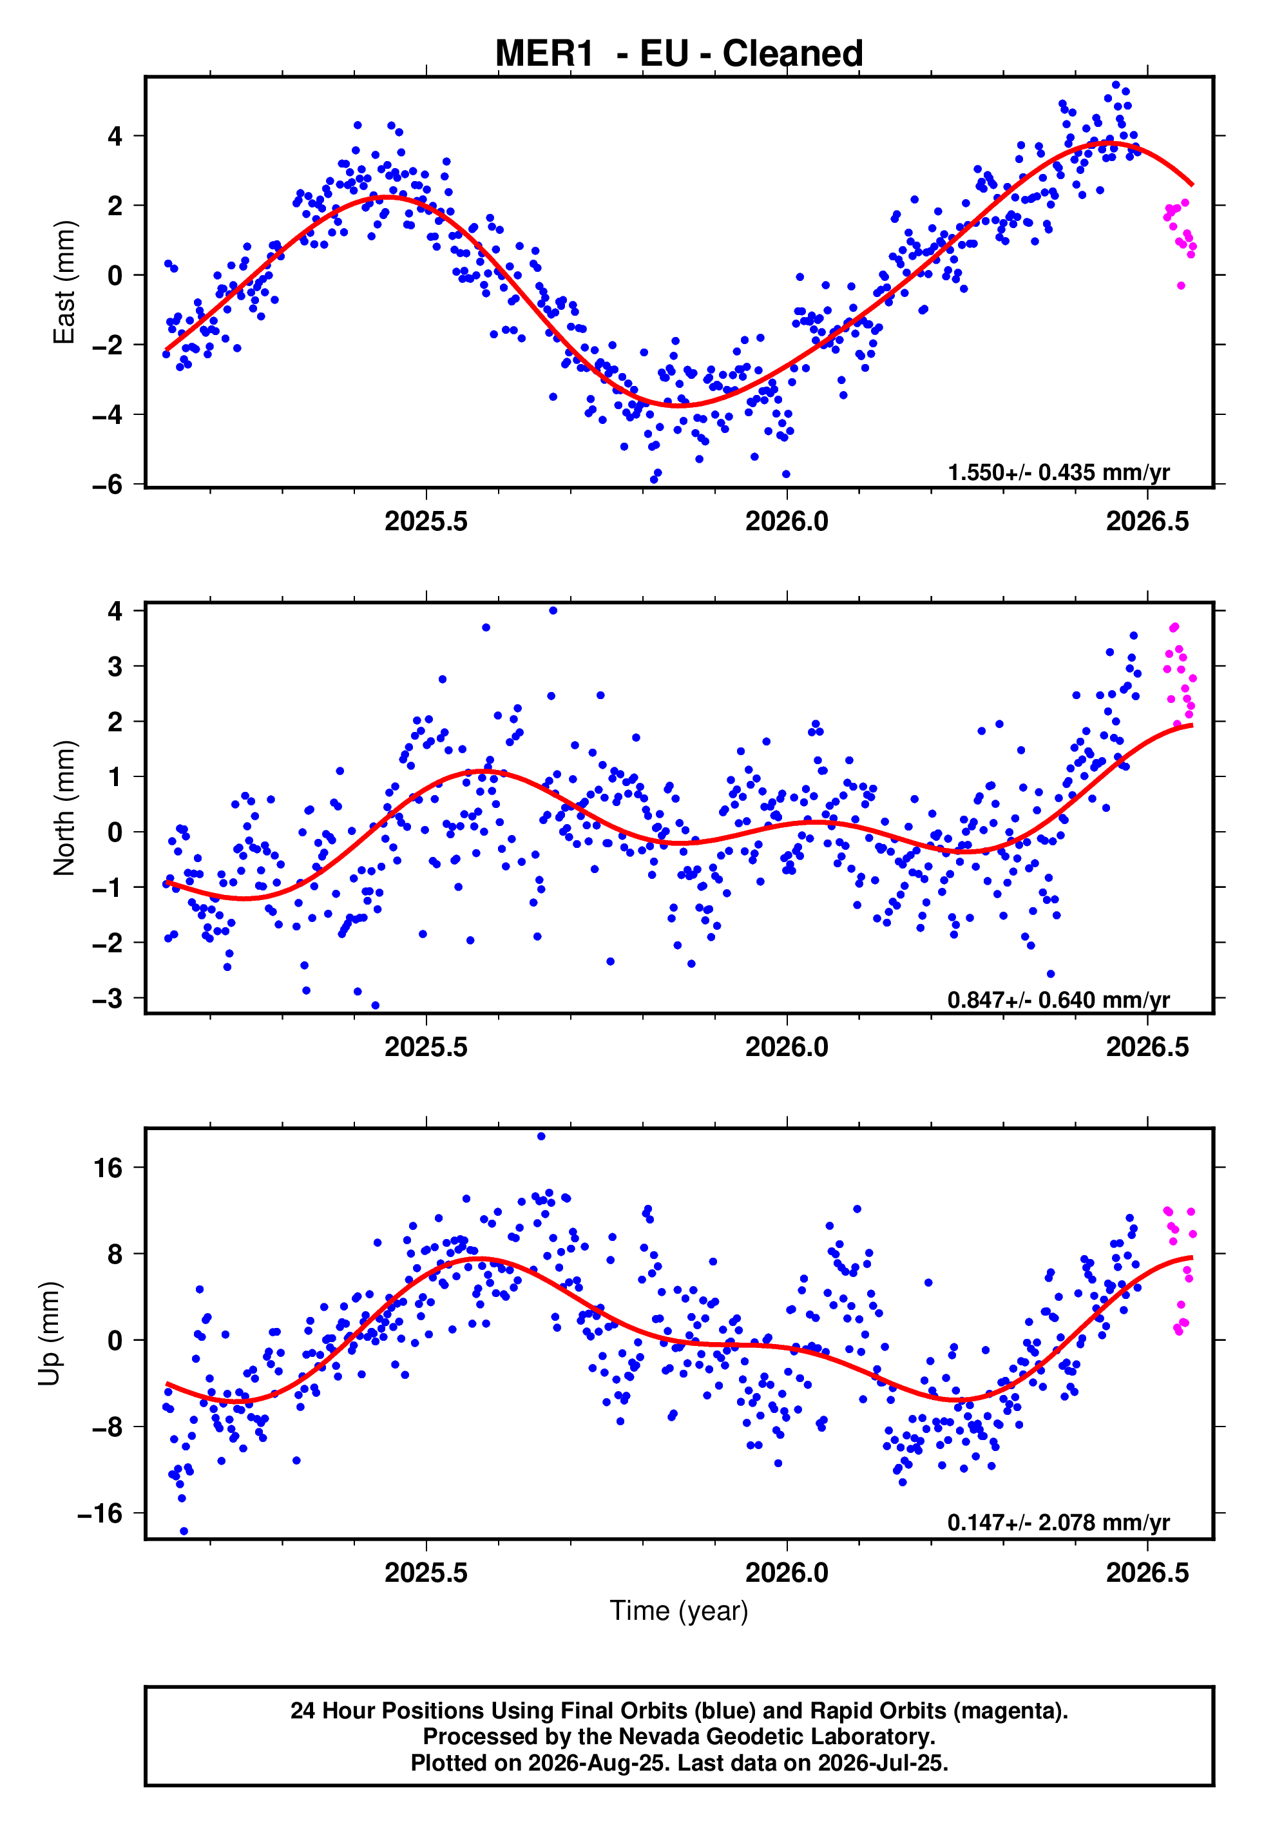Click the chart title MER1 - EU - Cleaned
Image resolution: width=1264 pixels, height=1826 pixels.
click(x=679, y=54)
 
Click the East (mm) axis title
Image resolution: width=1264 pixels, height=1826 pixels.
click(x=64, y=282)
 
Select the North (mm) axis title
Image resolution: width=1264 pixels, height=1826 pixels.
click(x=64, y=808)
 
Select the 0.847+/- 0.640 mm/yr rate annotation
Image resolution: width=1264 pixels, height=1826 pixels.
click(x=1059, y=999)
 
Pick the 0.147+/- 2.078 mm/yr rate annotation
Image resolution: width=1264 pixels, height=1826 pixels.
click(x=1059, y=1522)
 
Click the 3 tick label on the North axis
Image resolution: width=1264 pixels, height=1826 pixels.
click(x=115, y=666)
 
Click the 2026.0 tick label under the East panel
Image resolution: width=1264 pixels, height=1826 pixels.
click(x=787, y=521)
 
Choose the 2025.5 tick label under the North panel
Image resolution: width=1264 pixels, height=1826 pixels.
click(x=426, y=1047)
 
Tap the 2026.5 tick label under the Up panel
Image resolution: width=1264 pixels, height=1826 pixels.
click(x=1147, y=1572)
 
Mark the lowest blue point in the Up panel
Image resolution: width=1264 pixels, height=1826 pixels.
click(x=184, y=1531)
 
